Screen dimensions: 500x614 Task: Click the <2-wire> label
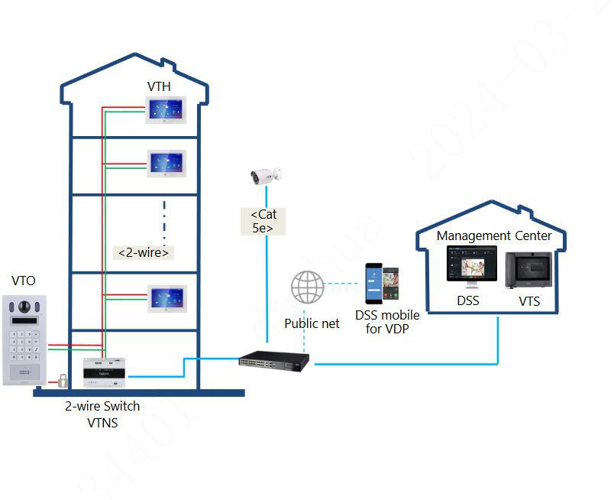[144, 252]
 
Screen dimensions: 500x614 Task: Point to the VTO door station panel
[24, 339]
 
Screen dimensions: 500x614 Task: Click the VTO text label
[24, 281]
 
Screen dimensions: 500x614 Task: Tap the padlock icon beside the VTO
[60, 380]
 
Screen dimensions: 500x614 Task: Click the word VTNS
[102, 422]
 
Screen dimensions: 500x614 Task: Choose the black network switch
[273, 360]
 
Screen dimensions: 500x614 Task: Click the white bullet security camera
[267, 176]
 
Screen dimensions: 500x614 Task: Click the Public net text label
[312, 323]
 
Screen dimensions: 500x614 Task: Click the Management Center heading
[493, 236]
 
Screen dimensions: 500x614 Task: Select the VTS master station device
[529, 269]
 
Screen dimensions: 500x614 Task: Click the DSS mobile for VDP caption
[387, 322]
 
